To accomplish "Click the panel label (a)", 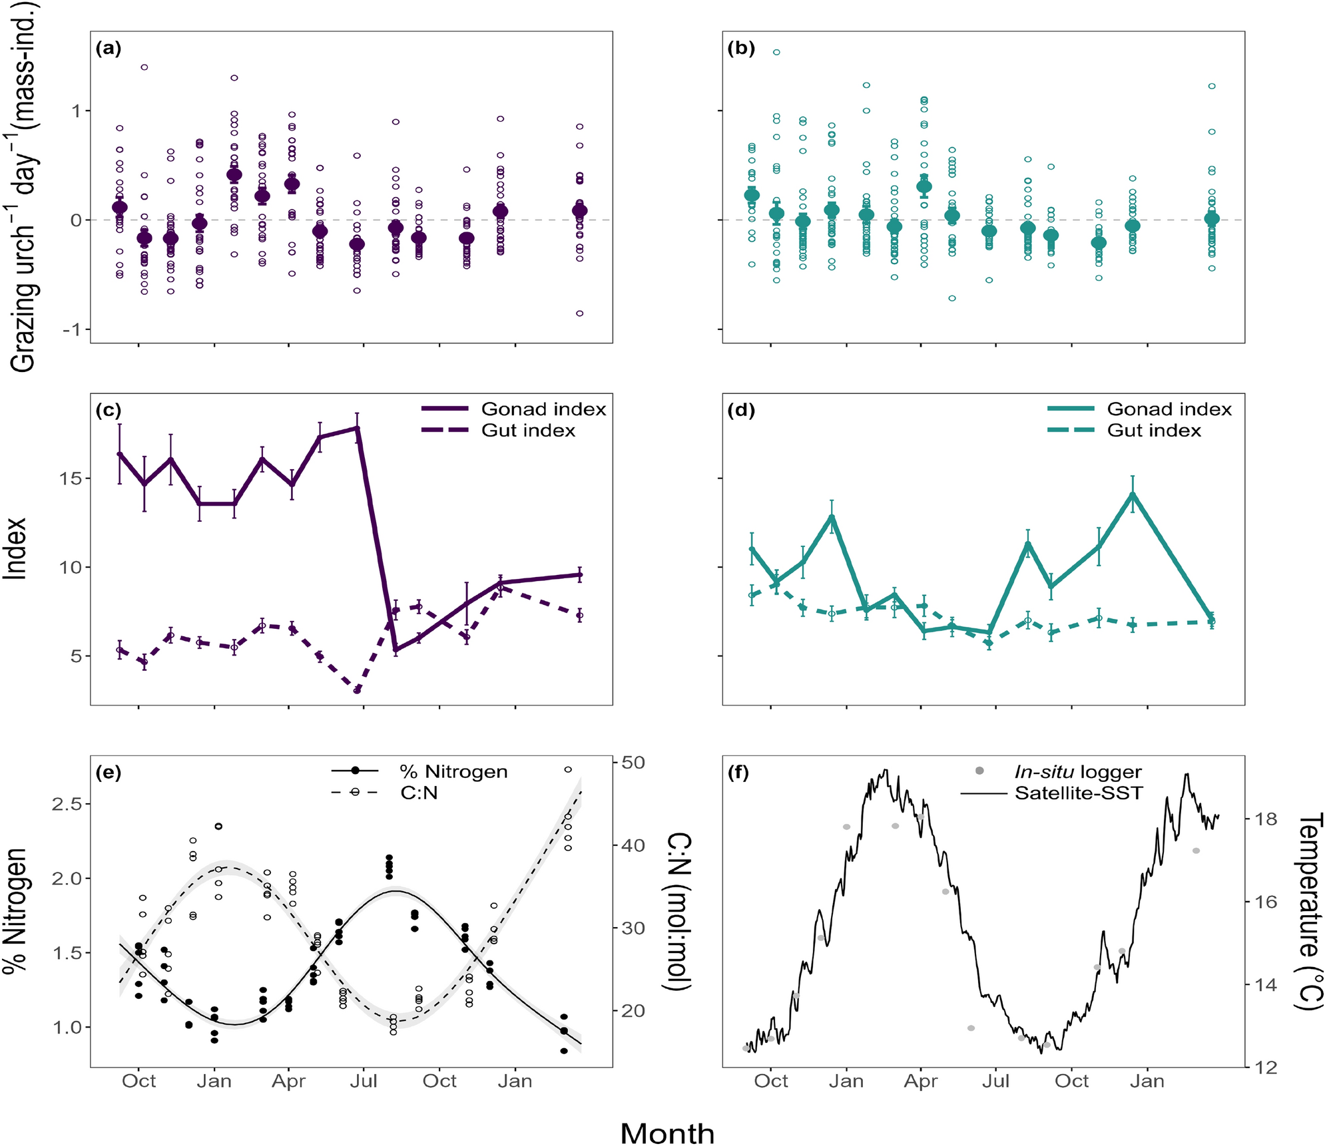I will coord(109,49).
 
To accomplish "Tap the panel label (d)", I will coord(741,411).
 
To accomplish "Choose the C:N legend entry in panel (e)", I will coord(419,793).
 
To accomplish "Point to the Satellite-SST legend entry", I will coord(1078,793).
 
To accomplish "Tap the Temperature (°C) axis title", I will coord(1309,911).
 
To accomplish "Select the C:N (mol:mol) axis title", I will coord(678,911).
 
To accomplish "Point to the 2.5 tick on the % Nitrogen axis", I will coord(70,804).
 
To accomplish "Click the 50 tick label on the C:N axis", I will coord(633,763).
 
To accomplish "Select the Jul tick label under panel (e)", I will coord(364,1081).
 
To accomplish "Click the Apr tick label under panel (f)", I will coord(921,1081).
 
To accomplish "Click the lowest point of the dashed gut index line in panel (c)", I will coord(358,690).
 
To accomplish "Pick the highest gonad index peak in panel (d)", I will coord(1132,494).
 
